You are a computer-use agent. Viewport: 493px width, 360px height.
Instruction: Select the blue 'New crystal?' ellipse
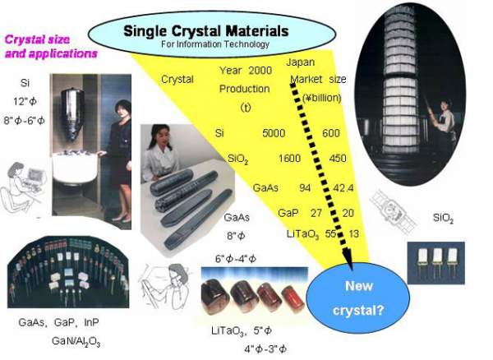(x=356, y=297)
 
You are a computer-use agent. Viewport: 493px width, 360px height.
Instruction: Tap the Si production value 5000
(x=274, y=132)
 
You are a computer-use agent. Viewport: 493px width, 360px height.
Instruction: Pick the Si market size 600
(x=331, y=132)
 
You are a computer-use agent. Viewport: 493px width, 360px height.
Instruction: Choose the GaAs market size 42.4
(x=343, y=187)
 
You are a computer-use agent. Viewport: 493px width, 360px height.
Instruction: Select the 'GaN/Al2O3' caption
(x=76, y=340)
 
